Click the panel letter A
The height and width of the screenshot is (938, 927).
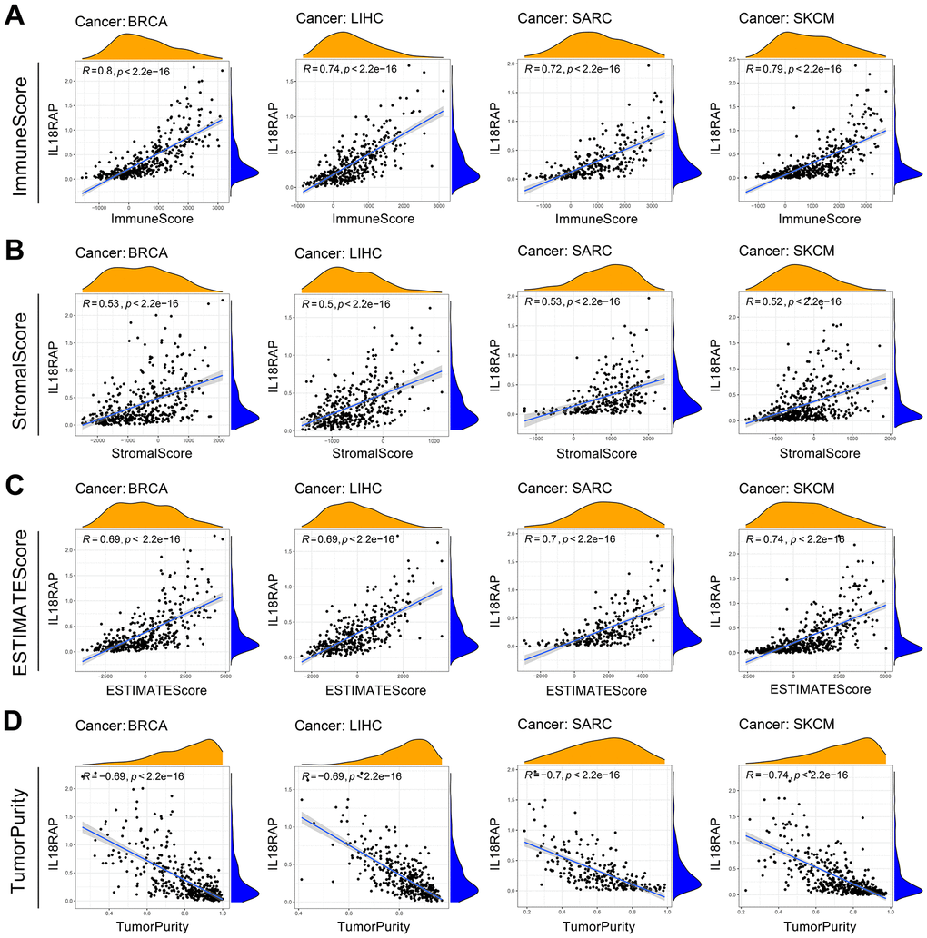[x=15, y=17]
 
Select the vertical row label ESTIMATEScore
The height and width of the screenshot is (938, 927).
[x=20, y=599]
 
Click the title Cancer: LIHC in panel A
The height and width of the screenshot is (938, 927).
[x=337, y=19]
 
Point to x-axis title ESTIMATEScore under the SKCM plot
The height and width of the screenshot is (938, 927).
[x=821, y=690]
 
